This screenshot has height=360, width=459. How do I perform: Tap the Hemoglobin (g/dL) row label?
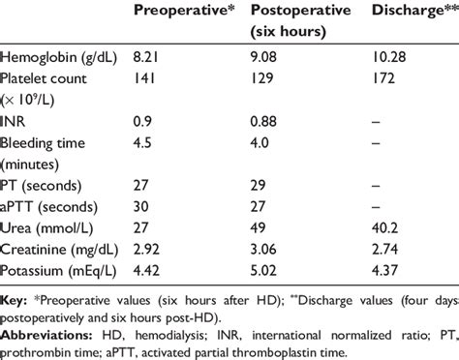tap(59, 60)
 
